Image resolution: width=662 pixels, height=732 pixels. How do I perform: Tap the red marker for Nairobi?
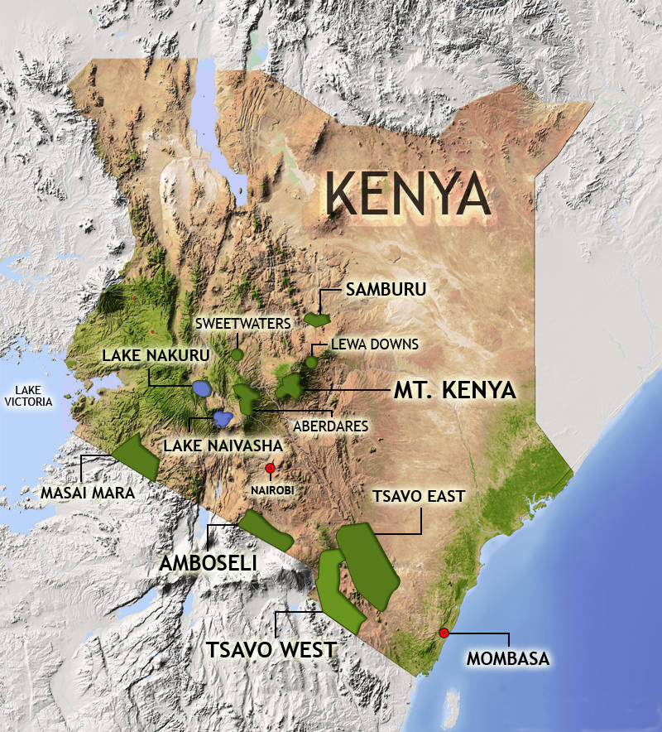[270, 469]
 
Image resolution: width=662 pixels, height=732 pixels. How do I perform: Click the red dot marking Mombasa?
[444, 633]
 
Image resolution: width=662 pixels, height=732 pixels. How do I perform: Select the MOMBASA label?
[507, 659]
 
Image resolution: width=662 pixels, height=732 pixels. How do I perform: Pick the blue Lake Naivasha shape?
[222, 418]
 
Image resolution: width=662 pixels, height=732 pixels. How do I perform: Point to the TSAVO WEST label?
[273, 648]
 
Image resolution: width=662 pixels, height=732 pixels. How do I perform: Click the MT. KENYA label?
[453, 388]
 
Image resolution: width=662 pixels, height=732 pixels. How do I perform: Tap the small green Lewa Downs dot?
[311, 362]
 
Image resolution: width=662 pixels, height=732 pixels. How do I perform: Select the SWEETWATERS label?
[242, 323]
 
